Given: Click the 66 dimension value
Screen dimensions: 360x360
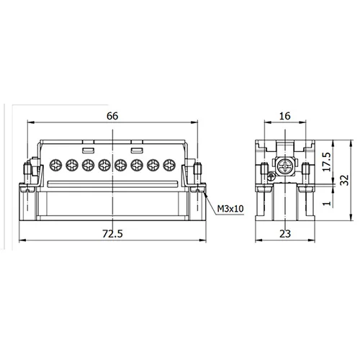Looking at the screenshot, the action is click(x=112, y=116).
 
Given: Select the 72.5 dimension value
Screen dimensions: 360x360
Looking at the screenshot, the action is click(x=112, y=234).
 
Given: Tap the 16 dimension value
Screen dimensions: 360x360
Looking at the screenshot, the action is click(x=285, y=116).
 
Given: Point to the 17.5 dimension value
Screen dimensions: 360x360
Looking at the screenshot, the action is click(x=327, y=161).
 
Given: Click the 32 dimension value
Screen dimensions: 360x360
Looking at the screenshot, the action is click(x=345, y=180).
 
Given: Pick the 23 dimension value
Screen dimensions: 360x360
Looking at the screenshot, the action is click(x=285, y=234).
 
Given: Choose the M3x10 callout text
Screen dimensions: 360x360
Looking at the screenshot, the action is click(x=230, y=209).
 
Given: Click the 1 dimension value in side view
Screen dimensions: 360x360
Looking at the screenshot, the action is click(x=327, y=203).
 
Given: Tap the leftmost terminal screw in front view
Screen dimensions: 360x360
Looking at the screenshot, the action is click(x=55, y=165).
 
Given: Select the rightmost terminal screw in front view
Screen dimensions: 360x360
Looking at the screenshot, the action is click(x=169, y=165).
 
